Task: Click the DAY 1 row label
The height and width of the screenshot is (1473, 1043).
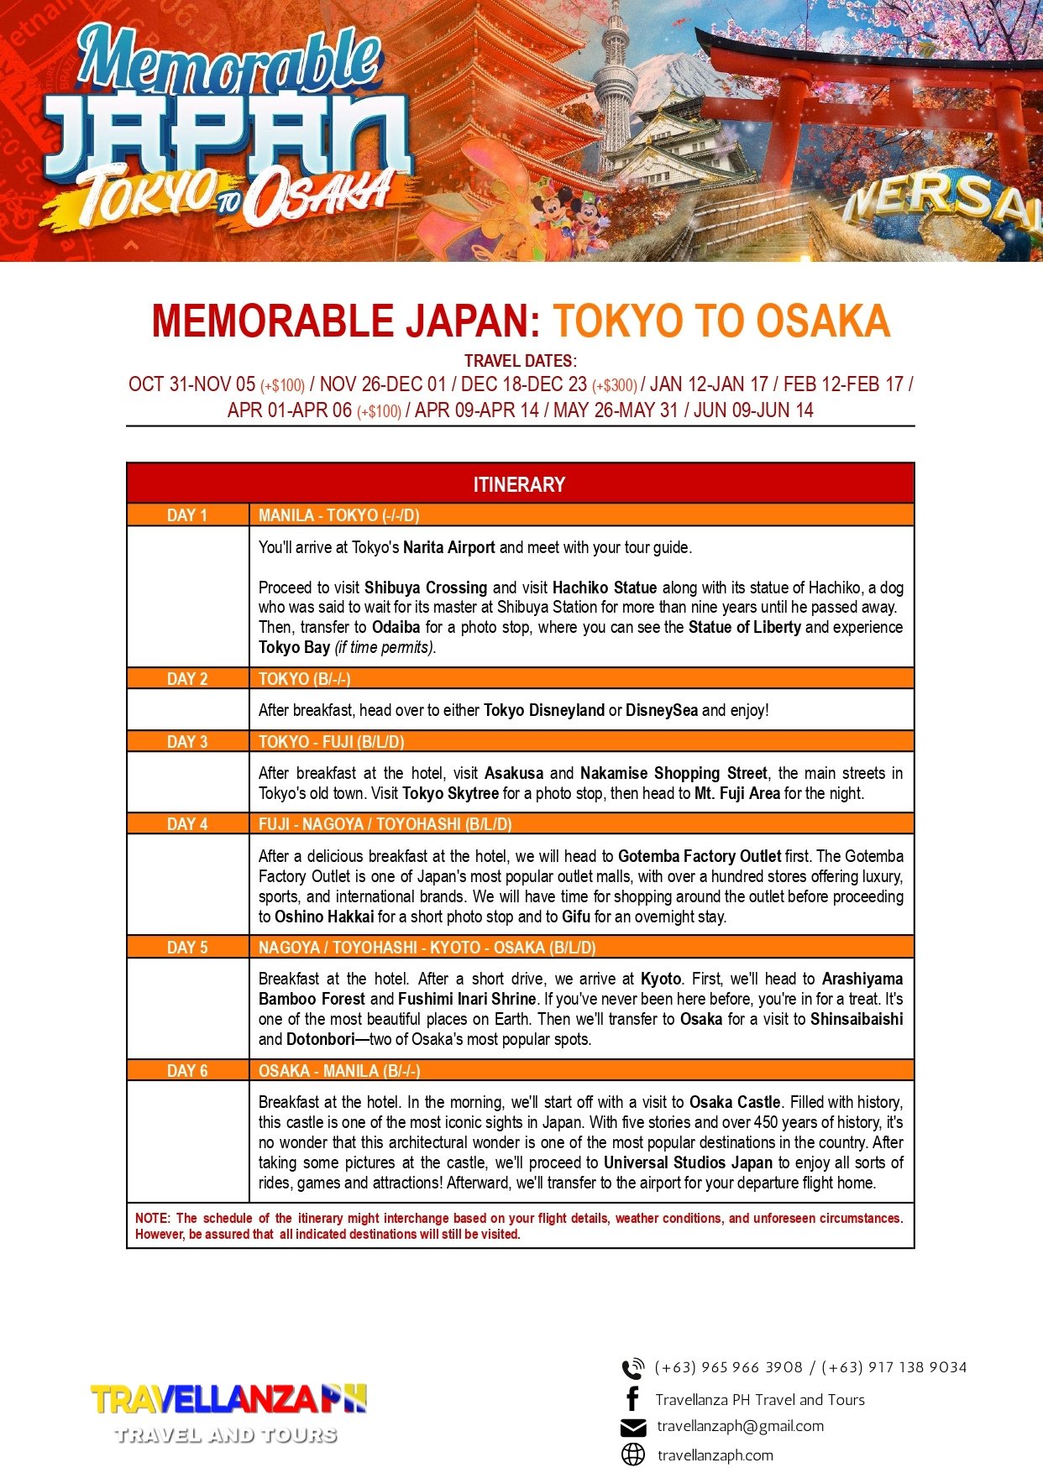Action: point(187,515)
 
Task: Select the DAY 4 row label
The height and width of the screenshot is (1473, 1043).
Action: point(187,824)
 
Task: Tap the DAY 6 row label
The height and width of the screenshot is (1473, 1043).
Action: point(187,1071)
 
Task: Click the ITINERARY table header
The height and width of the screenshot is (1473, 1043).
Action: point(520,484)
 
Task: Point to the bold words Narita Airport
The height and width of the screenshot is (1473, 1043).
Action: point(449,548)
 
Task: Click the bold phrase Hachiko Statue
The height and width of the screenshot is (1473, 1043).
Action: point(605,588)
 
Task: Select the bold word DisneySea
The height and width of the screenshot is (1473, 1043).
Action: point(662,710)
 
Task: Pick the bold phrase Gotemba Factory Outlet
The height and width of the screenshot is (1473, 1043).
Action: point(700,857)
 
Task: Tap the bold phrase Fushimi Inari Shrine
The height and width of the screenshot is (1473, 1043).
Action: point(467,999)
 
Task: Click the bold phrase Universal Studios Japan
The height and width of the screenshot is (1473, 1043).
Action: point(688,1163)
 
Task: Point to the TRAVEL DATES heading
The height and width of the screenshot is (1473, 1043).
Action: point(520,361)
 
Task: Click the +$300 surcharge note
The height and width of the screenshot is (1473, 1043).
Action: point(615,386)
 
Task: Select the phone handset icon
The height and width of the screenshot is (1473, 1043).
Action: point(632,1369)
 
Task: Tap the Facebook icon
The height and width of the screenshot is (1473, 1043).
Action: point(633,1399)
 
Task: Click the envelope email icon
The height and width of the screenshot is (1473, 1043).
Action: point(633,1428)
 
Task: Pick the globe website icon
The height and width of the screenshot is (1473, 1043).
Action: point(633,1455)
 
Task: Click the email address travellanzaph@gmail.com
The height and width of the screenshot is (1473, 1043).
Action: point(740,1426)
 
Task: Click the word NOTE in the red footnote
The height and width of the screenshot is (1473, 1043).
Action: point(152,1219)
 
